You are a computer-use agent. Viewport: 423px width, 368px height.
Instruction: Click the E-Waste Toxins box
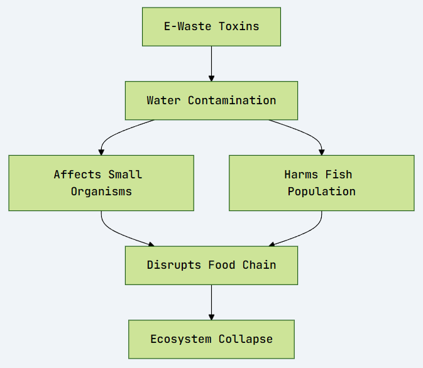(211, 26)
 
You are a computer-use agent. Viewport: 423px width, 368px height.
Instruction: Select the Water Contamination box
(211, 100)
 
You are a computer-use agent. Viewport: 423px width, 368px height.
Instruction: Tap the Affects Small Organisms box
(101, 183)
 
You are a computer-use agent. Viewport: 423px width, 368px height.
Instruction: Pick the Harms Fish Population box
(321, 183)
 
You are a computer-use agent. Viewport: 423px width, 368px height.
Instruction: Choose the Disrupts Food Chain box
(211, 265)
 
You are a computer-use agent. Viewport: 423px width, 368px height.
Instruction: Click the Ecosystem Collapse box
(211, 339)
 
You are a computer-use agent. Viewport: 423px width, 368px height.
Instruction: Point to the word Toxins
(239, 26)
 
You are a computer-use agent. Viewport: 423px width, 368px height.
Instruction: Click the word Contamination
(232, 100)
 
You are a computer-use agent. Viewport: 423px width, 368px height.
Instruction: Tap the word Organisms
(101, 192)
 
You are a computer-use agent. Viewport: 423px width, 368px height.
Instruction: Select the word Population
(322, 192)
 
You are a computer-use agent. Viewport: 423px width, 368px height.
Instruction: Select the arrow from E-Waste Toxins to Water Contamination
(211, 63)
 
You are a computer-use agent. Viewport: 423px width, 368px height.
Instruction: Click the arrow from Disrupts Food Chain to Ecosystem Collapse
(211, 302)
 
